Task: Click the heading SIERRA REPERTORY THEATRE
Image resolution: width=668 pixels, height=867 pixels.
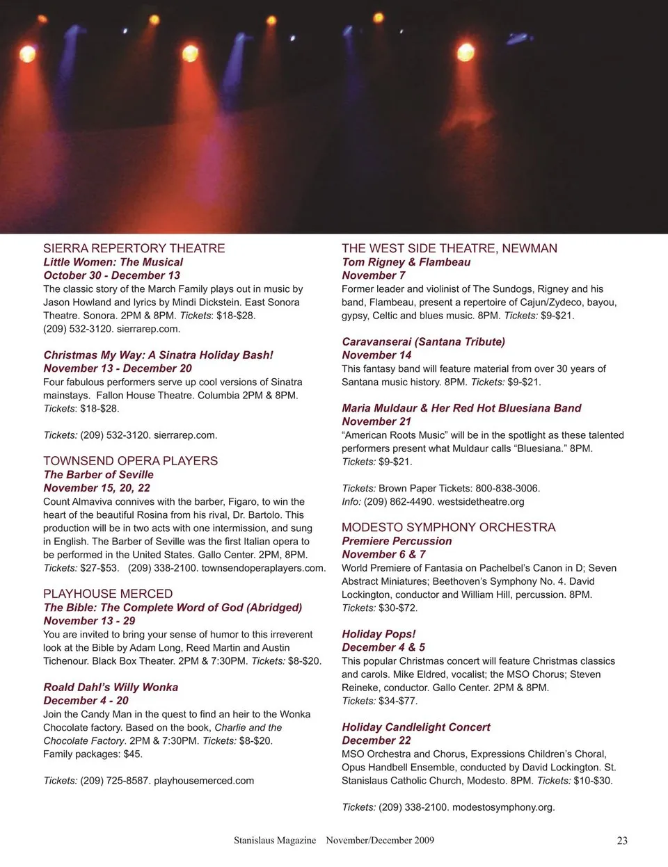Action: coord(134,248)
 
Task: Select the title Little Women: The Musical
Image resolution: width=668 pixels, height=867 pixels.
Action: coord(113,262)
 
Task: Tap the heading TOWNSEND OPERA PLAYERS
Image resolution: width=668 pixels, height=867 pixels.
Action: coord(130,461)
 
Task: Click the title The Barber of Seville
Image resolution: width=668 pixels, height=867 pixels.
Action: coord(98,475)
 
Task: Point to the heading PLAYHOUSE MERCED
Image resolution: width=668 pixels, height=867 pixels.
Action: coord(108,594)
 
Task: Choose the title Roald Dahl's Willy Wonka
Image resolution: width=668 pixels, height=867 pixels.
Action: coord(111,687)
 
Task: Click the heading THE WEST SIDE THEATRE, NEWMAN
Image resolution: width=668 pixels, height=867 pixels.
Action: coord(449,248)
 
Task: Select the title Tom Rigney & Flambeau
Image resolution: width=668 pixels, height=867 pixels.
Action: coord(406,262)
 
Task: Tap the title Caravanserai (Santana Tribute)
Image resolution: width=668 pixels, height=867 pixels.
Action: coord(423,342)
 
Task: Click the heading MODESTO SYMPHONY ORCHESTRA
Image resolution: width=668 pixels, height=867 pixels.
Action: coord(448,528)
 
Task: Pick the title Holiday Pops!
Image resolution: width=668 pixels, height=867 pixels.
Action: coord(379,634)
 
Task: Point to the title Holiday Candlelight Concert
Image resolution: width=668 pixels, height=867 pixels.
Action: coord(415,727)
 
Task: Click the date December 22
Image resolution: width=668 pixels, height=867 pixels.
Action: coord(376,740)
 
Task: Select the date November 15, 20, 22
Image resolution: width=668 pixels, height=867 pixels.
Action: coord(97,488)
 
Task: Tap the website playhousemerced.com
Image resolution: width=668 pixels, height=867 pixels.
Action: coord(204,781)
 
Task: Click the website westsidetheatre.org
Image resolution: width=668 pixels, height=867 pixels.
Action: coord(481,501)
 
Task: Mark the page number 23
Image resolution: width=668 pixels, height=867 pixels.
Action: coord(622,841)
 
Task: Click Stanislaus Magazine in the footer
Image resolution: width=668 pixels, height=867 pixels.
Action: coord(275,841)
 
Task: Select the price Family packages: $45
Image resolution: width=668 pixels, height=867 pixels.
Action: coord(93,754)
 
